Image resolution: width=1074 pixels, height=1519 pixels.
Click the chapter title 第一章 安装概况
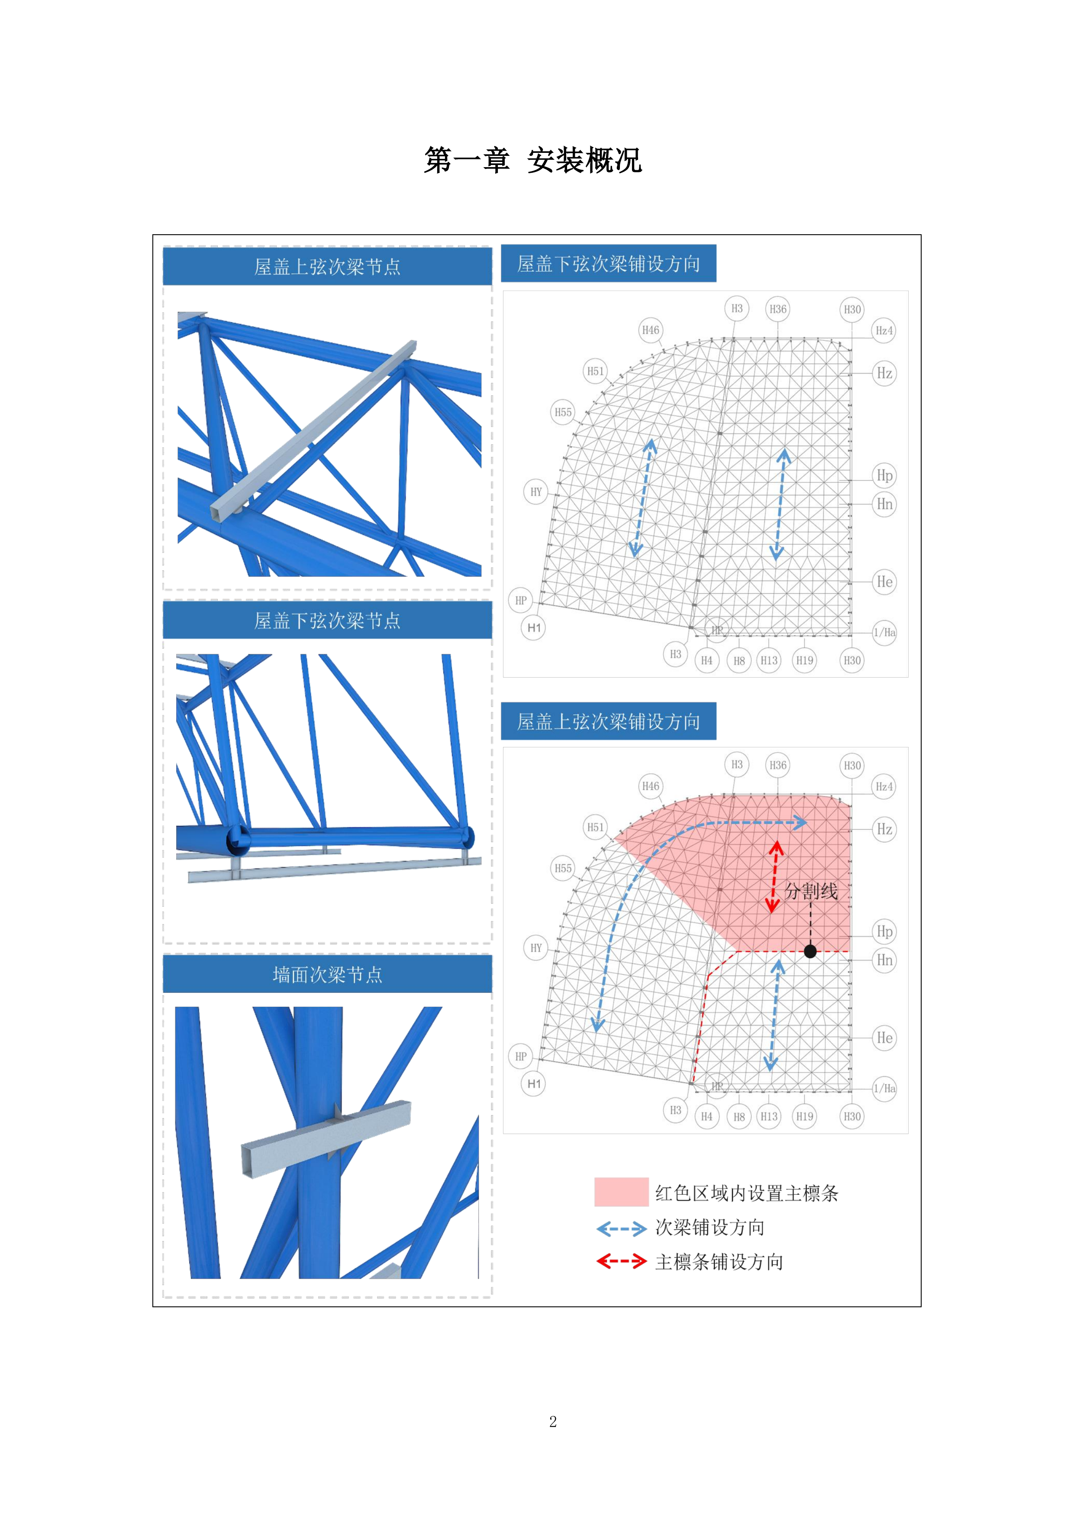pos(533,160)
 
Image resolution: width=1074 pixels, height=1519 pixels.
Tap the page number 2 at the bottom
pos(553,1422)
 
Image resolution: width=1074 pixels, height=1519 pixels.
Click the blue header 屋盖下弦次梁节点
pos(327,621)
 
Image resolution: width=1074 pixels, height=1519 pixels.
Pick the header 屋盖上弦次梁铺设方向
pos(608,721)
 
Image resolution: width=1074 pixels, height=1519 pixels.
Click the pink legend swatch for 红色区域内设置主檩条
pos(621,1192)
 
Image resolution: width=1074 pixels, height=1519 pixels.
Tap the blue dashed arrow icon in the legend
pos(621,1228)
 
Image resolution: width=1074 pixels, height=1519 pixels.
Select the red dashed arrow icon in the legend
pos(621,1261)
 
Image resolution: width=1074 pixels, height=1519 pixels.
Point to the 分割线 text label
pos(811,891)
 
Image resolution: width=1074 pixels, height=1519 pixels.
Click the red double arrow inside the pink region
pos(774,877)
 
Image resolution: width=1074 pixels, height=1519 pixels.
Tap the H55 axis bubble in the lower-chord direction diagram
pos(563,412)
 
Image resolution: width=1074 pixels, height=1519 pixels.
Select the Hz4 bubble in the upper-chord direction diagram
pos(884,787)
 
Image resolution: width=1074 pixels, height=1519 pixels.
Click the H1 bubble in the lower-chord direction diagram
pos(534,628)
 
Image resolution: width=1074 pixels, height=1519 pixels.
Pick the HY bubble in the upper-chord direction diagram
pos(535,948)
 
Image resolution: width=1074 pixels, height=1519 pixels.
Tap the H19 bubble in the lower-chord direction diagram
pos(804,660)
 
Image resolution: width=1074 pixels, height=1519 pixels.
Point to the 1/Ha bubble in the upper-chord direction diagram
pos(884,1088)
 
